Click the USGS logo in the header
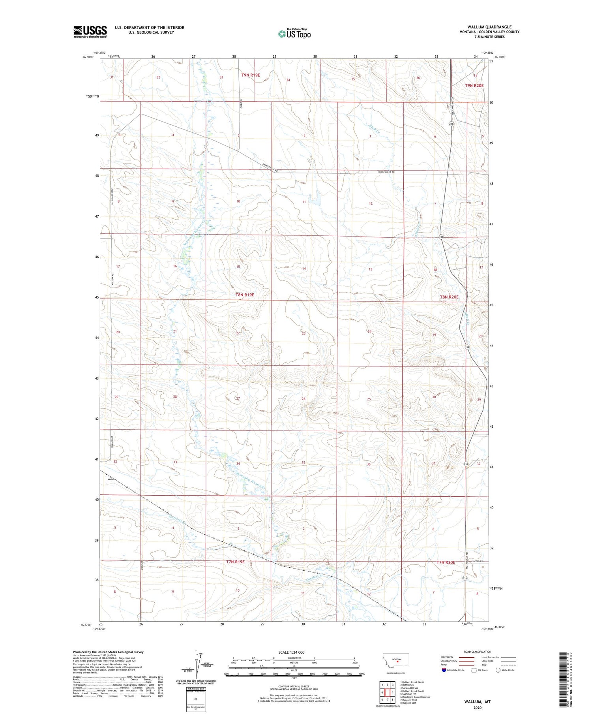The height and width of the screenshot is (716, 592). coord(90,32)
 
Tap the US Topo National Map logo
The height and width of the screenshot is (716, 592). coord(294,34)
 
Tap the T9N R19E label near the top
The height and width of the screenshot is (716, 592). coord(251,75)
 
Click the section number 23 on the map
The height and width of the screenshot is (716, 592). coord(303,333)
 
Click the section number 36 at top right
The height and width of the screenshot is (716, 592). coord(418,78)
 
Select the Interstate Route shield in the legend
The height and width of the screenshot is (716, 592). coord(444,670)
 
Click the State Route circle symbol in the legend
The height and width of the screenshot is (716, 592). coord(498,670)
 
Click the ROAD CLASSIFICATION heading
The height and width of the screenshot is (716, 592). coord(477,652)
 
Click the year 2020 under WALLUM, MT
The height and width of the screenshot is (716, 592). coord(477,708)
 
